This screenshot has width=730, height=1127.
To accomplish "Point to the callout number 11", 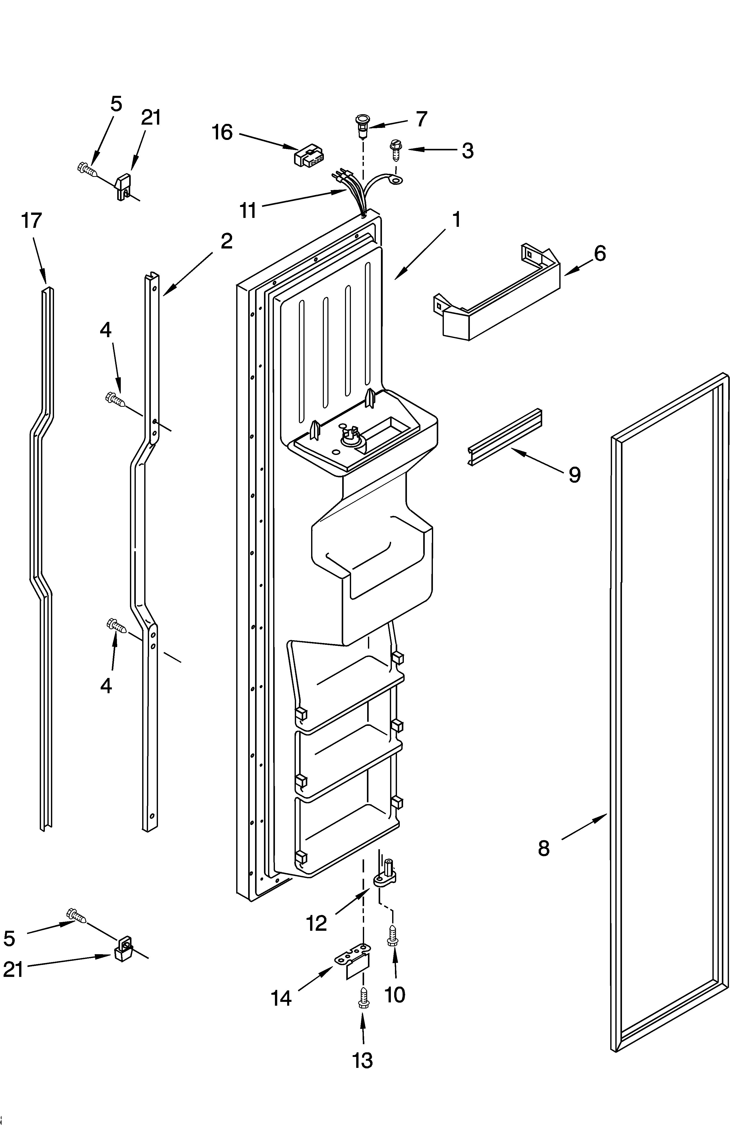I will [248, 210].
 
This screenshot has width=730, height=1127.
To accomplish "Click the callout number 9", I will [574, 474].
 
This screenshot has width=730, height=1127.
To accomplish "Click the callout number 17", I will [32, 221].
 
